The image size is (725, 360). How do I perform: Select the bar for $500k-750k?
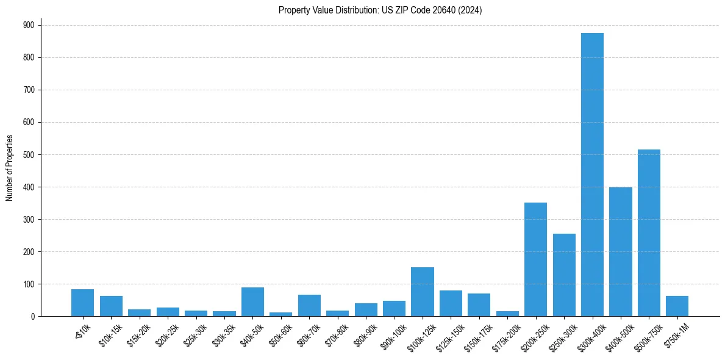(649, 232)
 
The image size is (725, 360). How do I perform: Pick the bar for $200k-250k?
(535, 259)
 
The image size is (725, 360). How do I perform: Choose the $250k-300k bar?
(564, 275)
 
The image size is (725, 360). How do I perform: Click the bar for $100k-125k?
(422, 292)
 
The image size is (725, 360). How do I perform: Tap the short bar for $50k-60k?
(280, 314)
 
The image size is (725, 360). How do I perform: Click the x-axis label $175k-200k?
(505, 334)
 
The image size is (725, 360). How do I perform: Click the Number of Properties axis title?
(9, 168)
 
